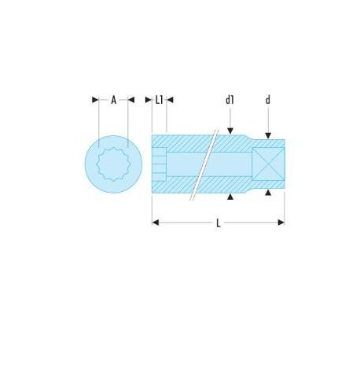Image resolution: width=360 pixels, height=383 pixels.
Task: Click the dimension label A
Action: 113,100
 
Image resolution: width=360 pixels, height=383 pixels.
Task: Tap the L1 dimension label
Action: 160,100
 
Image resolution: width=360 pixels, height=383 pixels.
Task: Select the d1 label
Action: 230,100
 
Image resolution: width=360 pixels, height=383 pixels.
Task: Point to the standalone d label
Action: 268,100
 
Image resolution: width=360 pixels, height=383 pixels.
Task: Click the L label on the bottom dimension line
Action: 219,223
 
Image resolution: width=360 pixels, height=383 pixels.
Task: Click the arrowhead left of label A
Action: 95,100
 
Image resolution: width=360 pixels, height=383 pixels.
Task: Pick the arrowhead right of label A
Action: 131,100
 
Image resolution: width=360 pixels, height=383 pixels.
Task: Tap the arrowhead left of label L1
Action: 149,100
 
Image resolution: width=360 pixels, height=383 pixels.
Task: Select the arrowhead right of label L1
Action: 170,100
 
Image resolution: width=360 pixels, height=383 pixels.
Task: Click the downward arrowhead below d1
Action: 230,131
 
